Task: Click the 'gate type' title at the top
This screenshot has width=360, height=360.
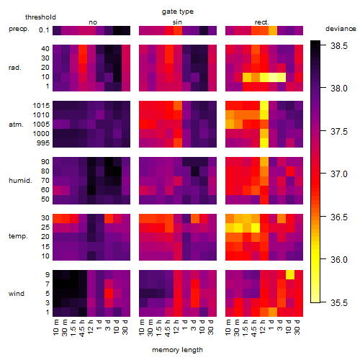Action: pos(178,12)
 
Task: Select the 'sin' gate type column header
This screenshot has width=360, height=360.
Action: pos(177,22)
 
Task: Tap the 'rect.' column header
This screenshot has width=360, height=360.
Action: pos(261,22)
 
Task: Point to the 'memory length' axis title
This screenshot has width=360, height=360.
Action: pos(177,350)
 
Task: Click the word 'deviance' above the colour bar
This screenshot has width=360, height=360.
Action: pos(341,29)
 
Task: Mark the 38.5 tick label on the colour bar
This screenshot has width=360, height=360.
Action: pos(339,45)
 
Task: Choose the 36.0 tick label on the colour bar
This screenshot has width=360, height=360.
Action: pos(339,259)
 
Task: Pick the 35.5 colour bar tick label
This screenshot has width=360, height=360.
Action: pos(339,302)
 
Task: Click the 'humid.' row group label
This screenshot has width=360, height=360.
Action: pos(20,181)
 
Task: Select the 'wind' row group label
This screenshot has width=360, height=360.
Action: pos(17,294)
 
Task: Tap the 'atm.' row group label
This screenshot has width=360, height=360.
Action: pos(16,125)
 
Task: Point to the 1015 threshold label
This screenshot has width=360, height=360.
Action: pos(41,106)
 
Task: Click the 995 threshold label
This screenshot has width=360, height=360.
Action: pos(43,143)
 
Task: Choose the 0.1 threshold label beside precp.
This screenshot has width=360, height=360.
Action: pos(44,30)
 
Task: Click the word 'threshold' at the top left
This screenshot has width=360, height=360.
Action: pos(40,17)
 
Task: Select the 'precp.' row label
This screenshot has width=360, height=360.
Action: pos(19,29)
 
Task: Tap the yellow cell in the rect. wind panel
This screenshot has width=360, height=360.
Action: pos(290,274)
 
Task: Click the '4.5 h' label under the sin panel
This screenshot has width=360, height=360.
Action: pos(168,328)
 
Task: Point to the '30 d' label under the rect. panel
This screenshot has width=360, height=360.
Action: pos(297,327)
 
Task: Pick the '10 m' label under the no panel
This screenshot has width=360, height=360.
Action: pos(55,327)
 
